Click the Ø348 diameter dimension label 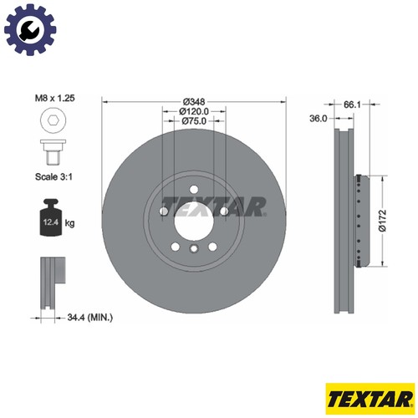point(194,102)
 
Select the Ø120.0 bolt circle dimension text point(194,111)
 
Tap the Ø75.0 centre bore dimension point(194,121)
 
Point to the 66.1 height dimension point(352,104)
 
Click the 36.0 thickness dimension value point(318,119)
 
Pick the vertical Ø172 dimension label point(383,221)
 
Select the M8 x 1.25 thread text point(54,98)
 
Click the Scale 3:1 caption point(54,176)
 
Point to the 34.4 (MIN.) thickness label point(90,317)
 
